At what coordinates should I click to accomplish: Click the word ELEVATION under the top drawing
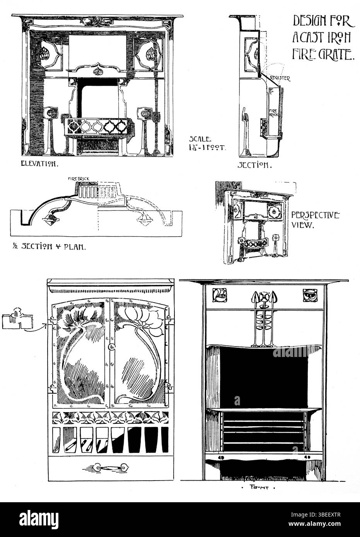point(39,164)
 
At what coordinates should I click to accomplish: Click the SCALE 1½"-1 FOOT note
point(207,143)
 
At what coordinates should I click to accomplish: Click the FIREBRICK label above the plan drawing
point(78,178)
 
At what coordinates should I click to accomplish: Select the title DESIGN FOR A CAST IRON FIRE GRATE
point(322,37)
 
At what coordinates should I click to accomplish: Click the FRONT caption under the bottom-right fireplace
point(263,488)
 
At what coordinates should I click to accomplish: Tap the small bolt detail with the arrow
point(18,320)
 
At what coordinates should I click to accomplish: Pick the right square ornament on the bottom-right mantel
point(309,295)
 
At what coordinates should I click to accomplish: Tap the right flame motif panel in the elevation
point(149,54)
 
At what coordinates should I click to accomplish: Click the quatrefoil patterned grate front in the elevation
point(97,126)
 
